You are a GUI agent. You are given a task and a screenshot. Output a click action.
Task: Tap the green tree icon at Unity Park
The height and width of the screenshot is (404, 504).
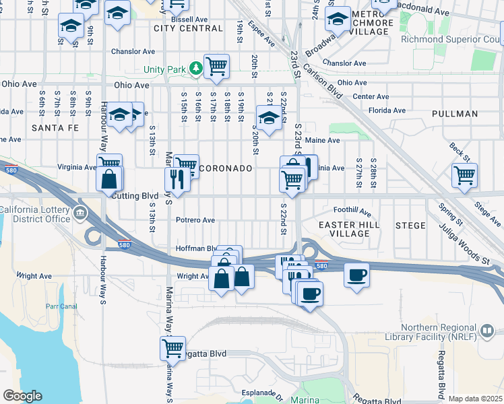click(195, 69)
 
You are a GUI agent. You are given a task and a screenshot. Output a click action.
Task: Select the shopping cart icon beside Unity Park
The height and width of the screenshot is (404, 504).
click(216, 67)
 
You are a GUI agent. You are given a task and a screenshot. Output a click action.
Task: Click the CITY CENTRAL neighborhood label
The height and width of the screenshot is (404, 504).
click(188, 28)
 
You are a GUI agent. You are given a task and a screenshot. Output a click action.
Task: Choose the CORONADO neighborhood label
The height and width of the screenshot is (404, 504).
click(226, 168)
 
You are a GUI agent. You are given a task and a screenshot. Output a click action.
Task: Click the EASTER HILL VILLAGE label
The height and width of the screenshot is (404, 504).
click(344, 229)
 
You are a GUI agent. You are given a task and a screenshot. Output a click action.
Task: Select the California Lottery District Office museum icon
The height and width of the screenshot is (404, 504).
click(80, 214)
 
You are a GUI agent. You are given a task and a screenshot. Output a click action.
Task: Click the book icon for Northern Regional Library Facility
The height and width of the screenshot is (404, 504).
click(486, 331)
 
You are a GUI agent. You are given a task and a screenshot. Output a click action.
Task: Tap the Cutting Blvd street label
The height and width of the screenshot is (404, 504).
click(135, 195)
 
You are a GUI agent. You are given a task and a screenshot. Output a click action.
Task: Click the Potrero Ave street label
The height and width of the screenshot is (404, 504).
click(195, 220)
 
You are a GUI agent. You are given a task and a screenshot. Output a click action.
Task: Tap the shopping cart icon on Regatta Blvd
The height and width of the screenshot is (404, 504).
click(172, 348)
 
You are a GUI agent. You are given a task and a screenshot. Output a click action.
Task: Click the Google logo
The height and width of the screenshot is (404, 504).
click(22, 396)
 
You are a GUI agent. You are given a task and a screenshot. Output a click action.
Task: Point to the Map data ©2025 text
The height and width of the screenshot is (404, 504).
click(475, 399)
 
